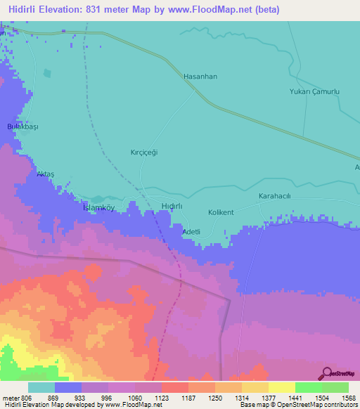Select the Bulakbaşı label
coord(21,126)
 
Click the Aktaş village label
coord(45,174)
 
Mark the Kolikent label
coord(221,212)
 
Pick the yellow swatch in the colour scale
coord(281,387)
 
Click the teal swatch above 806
coord(41,387)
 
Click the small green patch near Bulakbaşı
coord(47,73)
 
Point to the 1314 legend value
coord(229,398)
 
